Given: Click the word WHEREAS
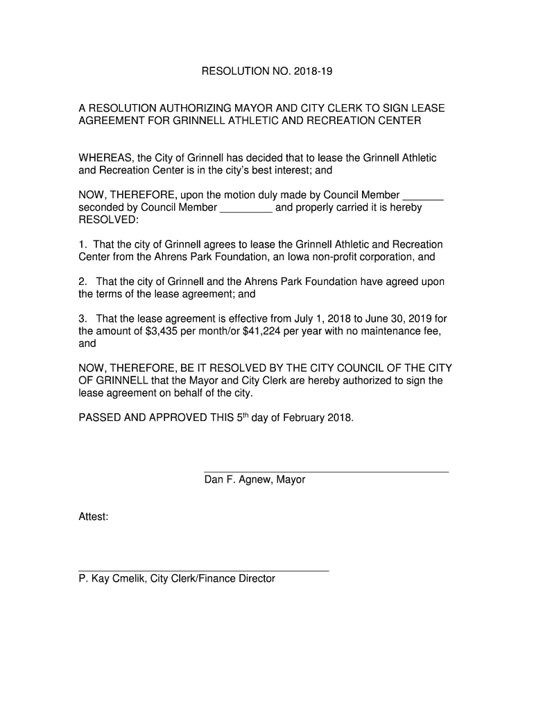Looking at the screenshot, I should tap(105, 158).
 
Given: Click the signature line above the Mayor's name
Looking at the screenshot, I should tap(326, 471).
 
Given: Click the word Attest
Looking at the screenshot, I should tap(93, 517).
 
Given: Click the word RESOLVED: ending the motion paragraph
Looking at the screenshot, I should tap(108, 220).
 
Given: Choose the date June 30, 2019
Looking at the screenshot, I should tap(395, 319).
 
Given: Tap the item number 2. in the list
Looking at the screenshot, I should tap(83, 282).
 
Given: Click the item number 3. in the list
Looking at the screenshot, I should tap(83, 319).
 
